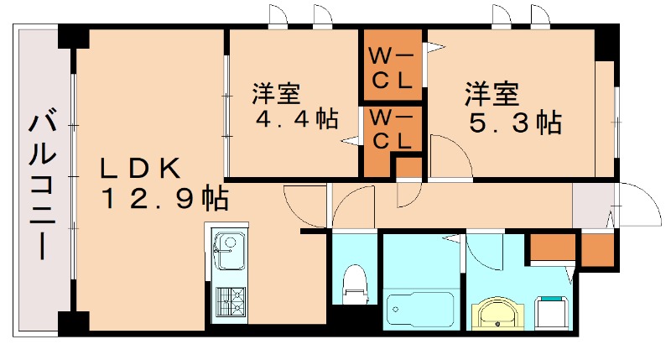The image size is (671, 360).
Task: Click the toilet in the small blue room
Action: (356, 283)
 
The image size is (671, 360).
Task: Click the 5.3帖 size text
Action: (514, 123)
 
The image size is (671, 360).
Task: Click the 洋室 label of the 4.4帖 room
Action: (277, 91)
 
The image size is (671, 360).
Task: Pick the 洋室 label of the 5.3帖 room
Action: (493, 93)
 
